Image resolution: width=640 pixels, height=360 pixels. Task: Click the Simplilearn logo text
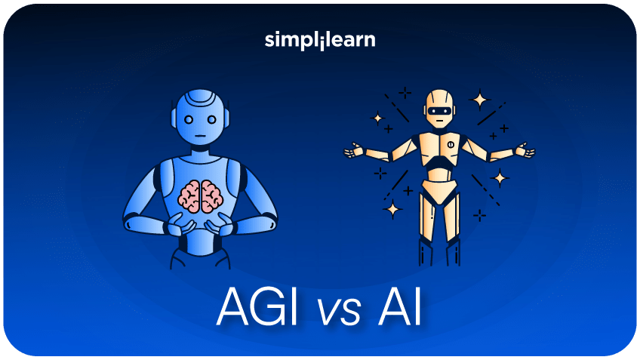tap(320, 40)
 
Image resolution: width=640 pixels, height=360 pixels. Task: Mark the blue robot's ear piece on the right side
tap(229, 117)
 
